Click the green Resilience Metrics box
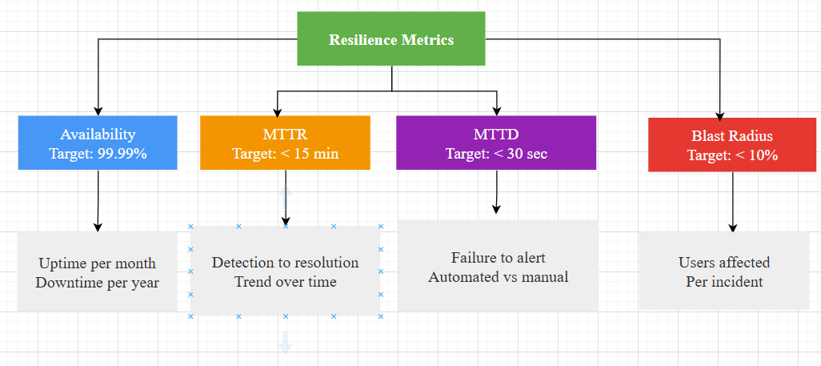point(391,38)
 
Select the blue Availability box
point(98,143)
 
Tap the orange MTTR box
point(285,143)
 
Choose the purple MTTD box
point(496,143)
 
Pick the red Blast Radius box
point(732,145)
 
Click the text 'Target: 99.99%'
point(98,154)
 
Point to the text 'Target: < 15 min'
point(285,154)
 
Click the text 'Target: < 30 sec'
point(496,154)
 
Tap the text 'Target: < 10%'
point(732,155)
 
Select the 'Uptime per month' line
point(97,263)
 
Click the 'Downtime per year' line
point(97,282)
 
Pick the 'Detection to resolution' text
point(285,263)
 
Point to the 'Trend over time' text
point(285,281)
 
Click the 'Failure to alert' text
point(498,258)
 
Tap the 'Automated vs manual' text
point(498,277)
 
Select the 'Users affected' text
point(724,263)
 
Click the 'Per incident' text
point(724,281)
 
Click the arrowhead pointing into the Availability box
point(98,111)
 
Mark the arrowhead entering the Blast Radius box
point(720,114)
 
